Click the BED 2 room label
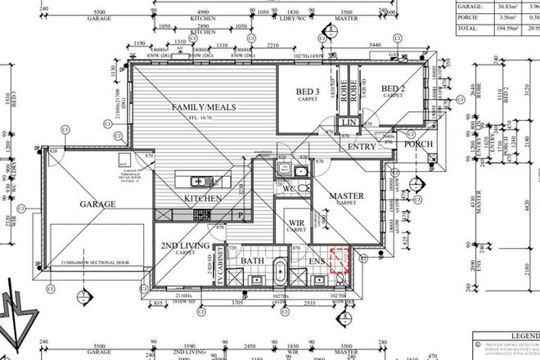(x=393, y=89)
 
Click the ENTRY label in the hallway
(x=362, y=146)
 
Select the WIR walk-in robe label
(x=293, y=223)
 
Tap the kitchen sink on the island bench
(x=199, y=180)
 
